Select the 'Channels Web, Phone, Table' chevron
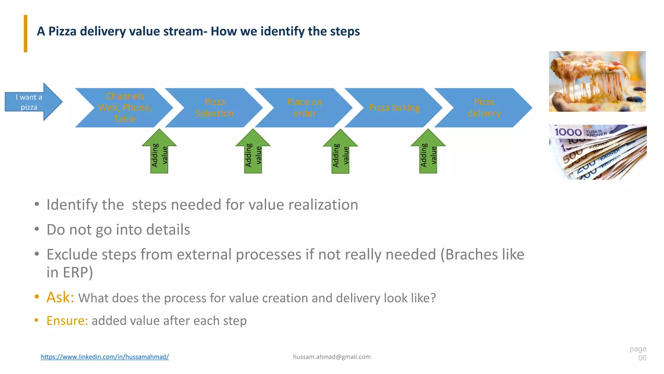[125, 107]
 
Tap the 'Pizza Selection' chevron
[215, 107]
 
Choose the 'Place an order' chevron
[304, 107]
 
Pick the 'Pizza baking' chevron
[394, 107]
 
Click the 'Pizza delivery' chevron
[484, 107]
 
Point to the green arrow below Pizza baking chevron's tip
[428, 153]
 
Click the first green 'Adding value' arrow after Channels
[159, 153]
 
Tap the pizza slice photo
[597, 81]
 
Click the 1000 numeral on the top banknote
[568, 132]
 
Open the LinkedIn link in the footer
[105, 357]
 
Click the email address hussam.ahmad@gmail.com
[332, 357]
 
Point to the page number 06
[642, 358]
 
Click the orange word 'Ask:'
[60, 297]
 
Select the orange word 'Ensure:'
[67, 321]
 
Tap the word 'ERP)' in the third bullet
[78, 272]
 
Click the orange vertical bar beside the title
[26, 33]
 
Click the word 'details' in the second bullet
[168, 230]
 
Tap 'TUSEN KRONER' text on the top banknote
[596, 133]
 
